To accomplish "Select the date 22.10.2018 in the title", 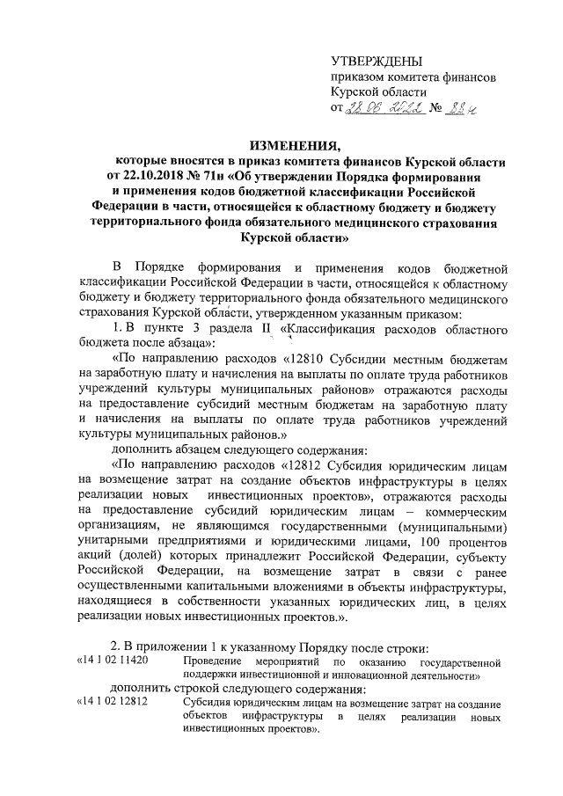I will pos(154,175).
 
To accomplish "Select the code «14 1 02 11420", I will pos(113,659).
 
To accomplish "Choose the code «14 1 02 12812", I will pos(113,703).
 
